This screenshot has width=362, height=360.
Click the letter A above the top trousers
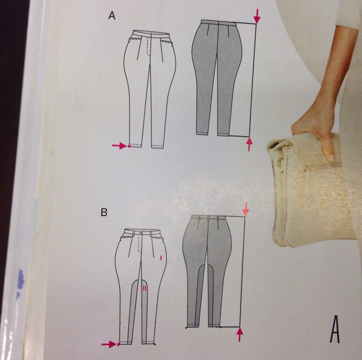coord(112,15)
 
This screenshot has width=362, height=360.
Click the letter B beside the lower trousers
coord(104,212)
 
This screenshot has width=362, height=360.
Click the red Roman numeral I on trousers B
coord(161,258)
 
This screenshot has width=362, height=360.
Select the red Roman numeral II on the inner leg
coord(144,288)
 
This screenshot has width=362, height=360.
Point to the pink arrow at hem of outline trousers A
coord(119,145)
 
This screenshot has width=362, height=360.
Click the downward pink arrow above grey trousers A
coord(257,16)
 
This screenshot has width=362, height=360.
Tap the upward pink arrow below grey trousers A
coord(249,144)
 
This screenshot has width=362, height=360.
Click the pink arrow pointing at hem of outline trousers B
coord(109,344)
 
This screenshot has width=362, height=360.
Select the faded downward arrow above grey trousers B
coord(245,209)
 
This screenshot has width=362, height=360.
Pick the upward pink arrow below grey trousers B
coord(240,335)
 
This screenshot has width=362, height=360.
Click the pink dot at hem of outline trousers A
coord(129,146)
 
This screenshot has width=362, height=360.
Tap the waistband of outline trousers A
coord(151,34)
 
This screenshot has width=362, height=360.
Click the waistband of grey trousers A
coord(218,23)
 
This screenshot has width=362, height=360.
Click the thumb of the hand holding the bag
coord(329,148)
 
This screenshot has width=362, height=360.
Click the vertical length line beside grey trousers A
coord(253,80)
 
